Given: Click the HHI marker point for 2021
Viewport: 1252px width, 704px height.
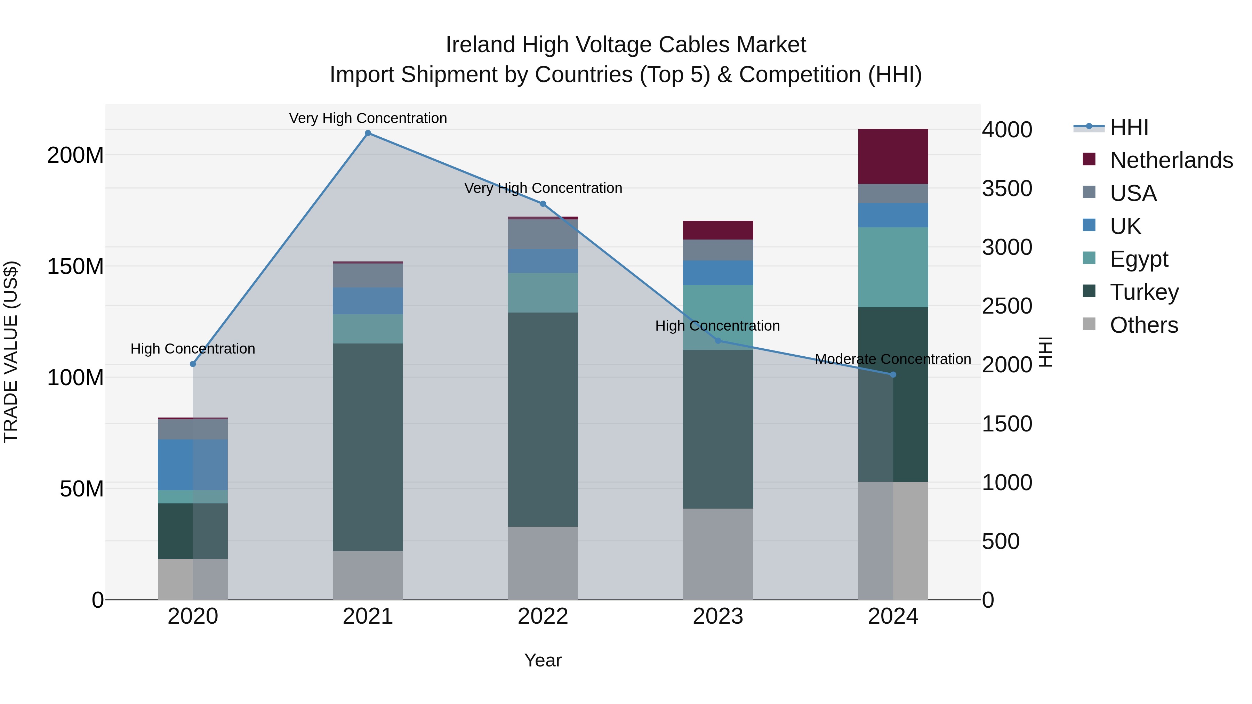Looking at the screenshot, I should [x=368, y=133].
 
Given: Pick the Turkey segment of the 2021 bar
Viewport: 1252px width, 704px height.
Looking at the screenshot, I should [x=368, y=447].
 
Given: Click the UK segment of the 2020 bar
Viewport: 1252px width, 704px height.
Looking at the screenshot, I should [x=193, y=464].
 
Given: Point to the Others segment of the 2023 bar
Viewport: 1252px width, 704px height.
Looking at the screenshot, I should [x=718, y=554].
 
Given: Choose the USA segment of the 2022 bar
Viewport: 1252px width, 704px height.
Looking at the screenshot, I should [x=543, y=234].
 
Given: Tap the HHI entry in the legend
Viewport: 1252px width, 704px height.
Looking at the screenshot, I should [x=1129, y=127].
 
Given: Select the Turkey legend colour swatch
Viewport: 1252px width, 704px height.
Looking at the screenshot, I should [x=1089, y=292].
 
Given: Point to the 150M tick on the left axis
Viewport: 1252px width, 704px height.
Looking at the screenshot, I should [x=75, y=266].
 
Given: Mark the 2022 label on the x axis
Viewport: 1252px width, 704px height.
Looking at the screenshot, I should [x=543, y=616].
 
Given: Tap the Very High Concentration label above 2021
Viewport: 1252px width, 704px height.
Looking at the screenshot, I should [x=368, y=118].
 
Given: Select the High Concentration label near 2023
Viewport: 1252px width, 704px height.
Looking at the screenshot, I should [x=717, y=325].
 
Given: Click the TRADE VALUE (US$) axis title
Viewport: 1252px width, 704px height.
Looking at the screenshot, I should [x=11, y=352].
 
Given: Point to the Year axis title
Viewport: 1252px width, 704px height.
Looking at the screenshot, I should [x=543, y=660].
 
